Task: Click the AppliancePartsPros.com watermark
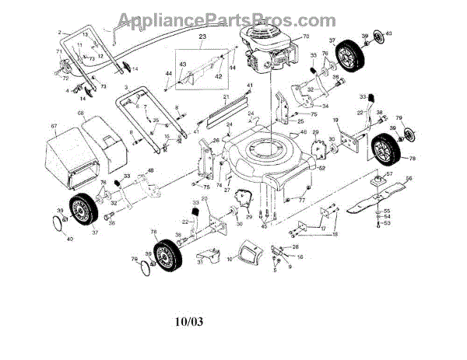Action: (x=233, y=19)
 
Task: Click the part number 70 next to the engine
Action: (x=305, y=36)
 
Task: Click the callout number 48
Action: (x=150, y=171)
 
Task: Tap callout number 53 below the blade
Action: (x=388, y=223)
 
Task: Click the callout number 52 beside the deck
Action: (x=321, y=168)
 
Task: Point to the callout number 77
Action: (x=300, y=200)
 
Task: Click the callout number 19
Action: (x=335, y=120)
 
